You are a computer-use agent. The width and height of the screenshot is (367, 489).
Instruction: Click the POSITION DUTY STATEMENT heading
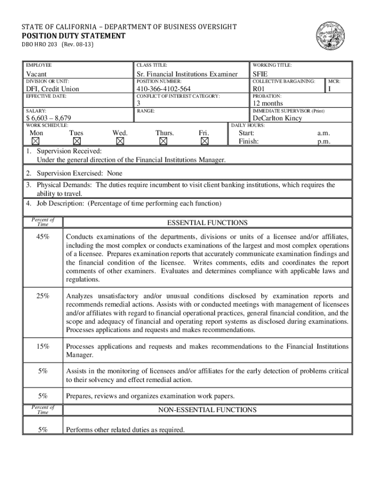[x=74, y=36]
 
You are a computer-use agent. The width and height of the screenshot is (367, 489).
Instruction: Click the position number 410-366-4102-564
[x=163, y=89]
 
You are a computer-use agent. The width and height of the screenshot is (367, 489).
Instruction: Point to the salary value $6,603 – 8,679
[x=49, y=118]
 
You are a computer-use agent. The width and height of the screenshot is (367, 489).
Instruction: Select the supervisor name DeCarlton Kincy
[x=277, y=118]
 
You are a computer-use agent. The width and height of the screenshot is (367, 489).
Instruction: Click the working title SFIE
[x=261, y=74]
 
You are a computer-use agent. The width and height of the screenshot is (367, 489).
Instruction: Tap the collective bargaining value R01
[x=258, y=89]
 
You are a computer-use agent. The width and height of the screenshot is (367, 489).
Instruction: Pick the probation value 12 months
[x=267, y=103]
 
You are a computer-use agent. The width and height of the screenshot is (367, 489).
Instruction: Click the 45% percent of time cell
[x=43, y=236]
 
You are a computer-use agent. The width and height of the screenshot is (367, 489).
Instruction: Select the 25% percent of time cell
[x=43, y=296]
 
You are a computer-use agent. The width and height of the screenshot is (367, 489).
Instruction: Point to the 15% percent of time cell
[x=43, y=347]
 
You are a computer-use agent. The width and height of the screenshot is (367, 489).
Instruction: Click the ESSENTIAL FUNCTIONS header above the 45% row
[x=207, y=223]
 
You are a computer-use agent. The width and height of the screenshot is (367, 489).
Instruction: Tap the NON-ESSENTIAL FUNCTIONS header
[x=207, y=410]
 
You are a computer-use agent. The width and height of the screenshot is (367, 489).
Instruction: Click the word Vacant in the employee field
[x=36, y=74]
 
